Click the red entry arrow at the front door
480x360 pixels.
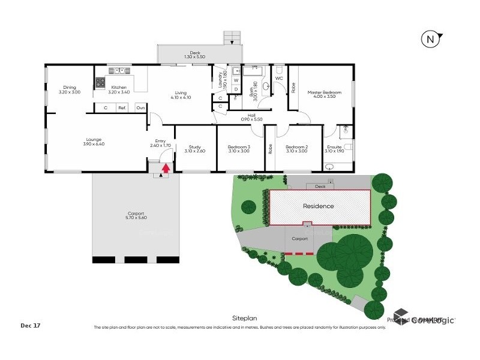[x=166, y=169]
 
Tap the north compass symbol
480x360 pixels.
[x=429, y=40]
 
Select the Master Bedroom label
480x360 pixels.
[x=324, y=92]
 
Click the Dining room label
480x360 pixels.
[x=69, y=88]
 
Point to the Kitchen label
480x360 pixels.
[x=118, y=88]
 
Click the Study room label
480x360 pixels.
[x=194, y=146]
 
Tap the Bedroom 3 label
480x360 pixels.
[x=239, y=146]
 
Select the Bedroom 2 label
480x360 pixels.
[x=296, y=146]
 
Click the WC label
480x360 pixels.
[x=279, y=79]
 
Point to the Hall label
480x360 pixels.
[x=253, y=115]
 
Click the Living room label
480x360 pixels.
[x=180, y=92]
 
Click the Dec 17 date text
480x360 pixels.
[x=30, y=326]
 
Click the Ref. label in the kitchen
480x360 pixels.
[x=122, y=107]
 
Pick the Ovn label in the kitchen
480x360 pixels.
[x=140, y=107]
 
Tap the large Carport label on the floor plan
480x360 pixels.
[x=135, y=214]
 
